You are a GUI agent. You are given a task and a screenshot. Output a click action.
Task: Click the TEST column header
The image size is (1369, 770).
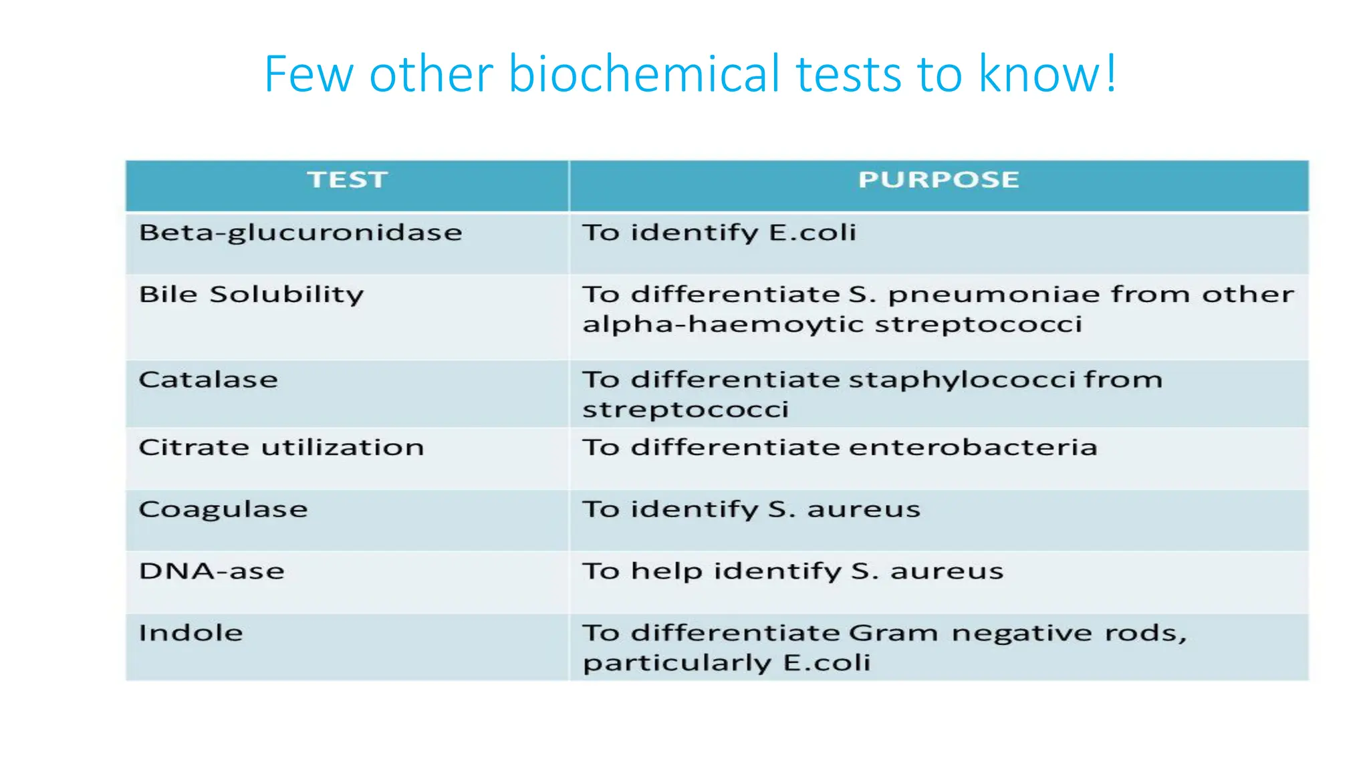pos(348,180)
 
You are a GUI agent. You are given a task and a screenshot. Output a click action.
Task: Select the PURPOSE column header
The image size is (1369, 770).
pos(939,180)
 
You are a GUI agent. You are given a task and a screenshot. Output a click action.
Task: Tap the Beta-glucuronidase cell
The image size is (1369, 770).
pos(301,233)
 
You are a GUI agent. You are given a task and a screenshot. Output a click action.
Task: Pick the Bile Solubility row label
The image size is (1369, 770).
pos(251,295)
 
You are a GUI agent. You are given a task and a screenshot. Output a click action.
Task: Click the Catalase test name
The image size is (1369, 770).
pos(209,380)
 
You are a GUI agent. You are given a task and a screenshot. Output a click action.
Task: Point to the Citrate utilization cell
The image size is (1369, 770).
pos(281,447)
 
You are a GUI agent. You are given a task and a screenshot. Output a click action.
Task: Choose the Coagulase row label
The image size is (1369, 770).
pos(223,509)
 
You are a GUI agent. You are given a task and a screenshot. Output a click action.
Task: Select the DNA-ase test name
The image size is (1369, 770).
pos(212,571)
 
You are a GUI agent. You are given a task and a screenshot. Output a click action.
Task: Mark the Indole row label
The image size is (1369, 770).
pos(191,633)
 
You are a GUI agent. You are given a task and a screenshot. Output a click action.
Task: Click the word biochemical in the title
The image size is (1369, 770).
pos(644,74)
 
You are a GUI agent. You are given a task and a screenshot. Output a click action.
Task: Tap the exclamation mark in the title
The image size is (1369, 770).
pos(1110,74)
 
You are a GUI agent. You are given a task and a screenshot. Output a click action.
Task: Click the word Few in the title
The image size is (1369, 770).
pos(308,74)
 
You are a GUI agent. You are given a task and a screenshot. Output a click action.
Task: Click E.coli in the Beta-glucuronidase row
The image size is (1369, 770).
pos(812,233)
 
